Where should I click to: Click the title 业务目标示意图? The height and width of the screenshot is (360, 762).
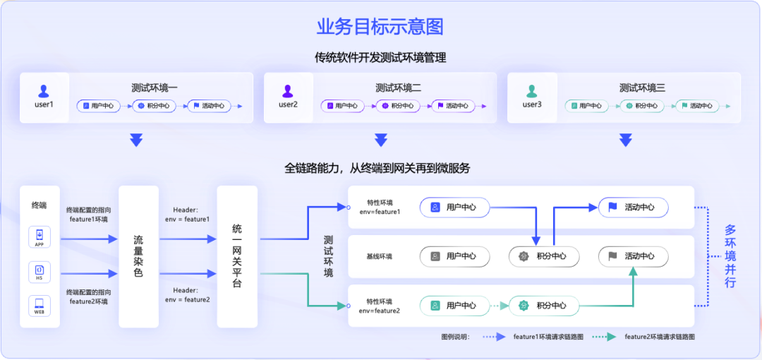tap(380, 28)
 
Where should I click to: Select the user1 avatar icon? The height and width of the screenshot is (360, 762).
tap(44, 91)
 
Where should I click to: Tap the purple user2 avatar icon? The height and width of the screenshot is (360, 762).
tap(288, 91)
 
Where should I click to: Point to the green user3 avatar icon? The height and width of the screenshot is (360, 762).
tap(531, 91)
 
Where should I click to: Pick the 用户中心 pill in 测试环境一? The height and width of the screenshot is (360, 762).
tap(98, 106)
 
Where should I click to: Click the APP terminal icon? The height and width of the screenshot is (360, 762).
tap(40, 236)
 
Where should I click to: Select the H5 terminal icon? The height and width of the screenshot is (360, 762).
tap(40, 271)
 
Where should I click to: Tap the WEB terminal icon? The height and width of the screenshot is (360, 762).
tap(40, 306)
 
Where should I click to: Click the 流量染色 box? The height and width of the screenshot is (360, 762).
tap(138, 256)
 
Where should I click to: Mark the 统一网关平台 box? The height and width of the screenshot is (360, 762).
tap(237, 256)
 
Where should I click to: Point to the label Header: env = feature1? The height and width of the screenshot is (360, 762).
tap(187, 215)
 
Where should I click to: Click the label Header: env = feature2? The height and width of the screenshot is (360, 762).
tap(187, 295)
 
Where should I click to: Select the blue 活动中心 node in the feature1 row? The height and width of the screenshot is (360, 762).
tap(633, 208)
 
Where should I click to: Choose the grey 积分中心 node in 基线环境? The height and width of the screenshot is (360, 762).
tap(544, 256)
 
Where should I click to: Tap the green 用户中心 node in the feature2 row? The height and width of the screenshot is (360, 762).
tap(455, 306)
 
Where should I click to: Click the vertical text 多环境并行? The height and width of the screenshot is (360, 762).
tap(730, 256)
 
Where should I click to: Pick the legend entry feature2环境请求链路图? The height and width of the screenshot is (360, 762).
tap(659, 337)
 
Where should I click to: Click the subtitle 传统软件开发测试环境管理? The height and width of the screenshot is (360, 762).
tap(380, 58)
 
